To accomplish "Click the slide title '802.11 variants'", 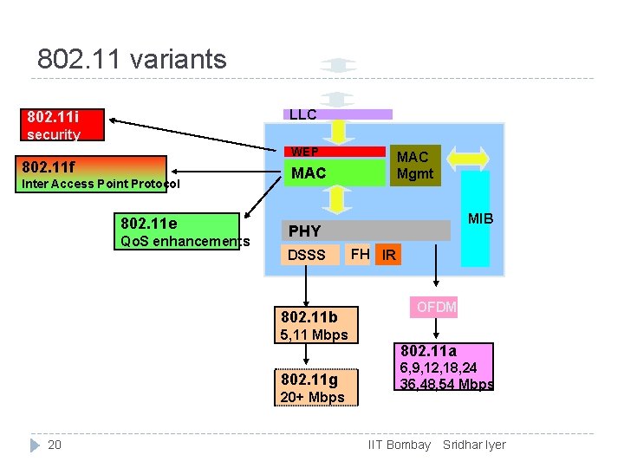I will [132, 59].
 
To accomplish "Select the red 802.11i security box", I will [64, 125].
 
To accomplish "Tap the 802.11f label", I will [49, 166].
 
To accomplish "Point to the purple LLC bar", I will [338, 114].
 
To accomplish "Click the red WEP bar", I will [335, 152].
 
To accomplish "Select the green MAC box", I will [335, 173].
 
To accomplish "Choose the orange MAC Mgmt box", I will [413, 165].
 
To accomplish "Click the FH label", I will [360, 254].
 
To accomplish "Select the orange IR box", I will [389, 255].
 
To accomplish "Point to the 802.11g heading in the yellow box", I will [309, 380].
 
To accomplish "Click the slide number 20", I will [54, 445].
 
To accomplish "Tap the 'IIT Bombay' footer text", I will [400, 445].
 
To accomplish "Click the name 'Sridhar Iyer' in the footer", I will [474, 445].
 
